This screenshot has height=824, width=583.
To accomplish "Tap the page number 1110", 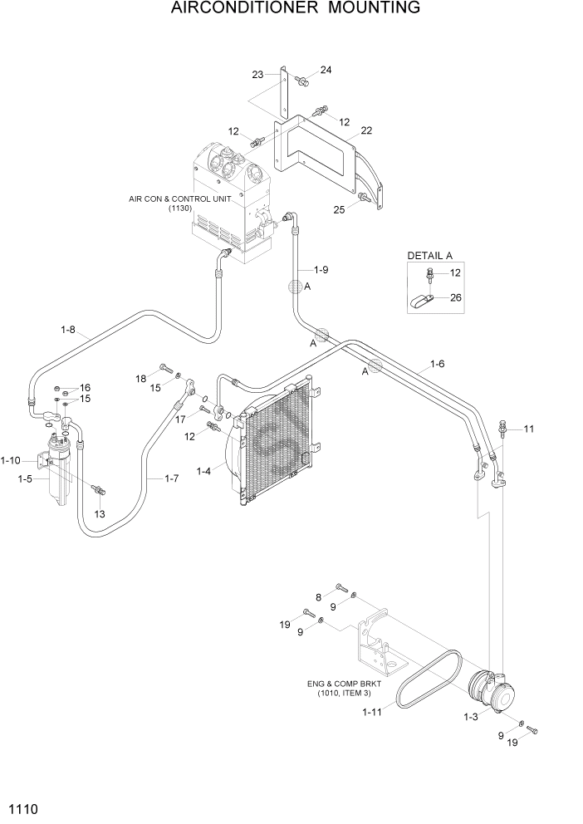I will (x=22, y=808).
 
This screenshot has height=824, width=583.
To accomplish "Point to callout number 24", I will (x=325, y=71).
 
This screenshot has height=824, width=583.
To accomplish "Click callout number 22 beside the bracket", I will (x=365, y=130).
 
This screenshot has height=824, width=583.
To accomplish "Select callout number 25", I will (x=339, y=209).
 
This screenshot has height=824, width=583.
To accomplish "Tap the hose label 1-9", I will (x=321, y=269).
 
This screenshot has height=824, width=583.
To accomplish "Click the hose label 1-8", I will (x=68, y=330).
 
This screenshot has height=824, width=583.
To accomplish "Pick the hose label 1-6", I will (x=437, y=364).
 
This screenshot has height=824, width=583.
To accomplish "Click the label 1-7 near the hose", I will (x=172, y=478).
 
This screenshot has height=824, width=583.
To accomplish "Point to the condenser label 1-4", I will (x=203, y=471).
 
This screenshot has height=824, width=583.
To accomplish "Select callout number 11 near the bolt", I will (x=529, y=429).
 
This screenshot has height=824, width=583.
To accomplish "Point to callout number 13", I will (x=100, y=514).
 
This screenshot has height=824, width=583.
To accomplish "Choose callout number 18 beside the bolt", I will (x=140, y=379).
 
